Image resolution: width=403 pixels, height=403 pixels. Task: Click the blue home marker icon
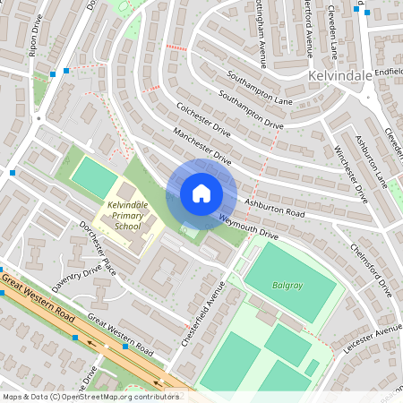[201, 193]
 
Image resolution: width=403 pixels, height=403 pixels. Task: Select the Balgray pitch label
[287, 286]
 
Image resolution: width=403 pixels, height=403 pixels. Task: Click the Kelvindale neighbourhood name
[339, 77]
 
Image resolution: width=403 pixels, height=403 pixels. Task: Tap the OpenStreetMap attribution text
[90, 396]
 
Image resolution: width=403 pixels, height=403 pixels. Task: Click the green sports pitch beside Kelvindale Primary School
[94, 177]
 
